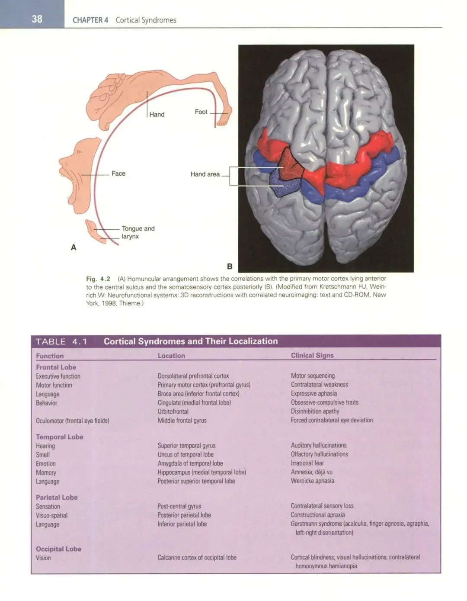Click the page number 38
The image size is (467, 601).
[x=37, y=19]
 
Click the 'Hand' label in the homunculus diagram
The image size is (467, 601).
[x=157, y=115]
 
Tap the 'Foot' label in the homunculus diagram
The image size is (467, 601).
[x=201, y=112]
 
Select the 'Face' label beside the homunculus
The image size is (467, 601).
[x=118, y=174]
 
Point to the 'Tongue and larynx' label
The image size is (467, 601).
[x=138, y=232]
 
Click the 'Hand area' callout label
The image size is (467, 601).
[x=205, y=174]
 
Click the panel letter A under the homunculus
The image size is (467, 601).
[x=74, y=247]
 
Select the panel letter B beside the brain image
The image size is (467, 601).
[x=230, y=267]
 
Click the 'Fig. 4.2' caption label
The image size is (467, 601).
[x=98, y=279]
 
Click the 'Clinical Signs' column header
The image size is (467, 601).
[x=312, y=355]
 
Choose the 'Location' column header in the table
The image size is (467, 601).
[x=171, y=356]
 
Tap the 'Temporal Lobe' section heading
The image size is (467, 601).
[x=59, y=437]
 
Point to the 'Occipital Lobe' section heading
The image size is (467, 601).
[x=58, y=549]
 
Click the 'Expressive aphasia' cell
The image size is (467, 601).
[x=313, y=393]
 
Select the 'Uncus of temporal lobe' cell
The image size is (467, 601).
[x=186, y=454]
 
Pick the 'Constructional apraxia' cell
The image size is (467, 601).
[x=318, y=515]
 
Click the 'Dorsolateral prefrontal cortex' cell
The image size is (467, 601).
[x=193, y=376]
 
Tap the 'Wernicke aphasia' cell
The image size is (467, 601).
[x=312, y=481]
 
